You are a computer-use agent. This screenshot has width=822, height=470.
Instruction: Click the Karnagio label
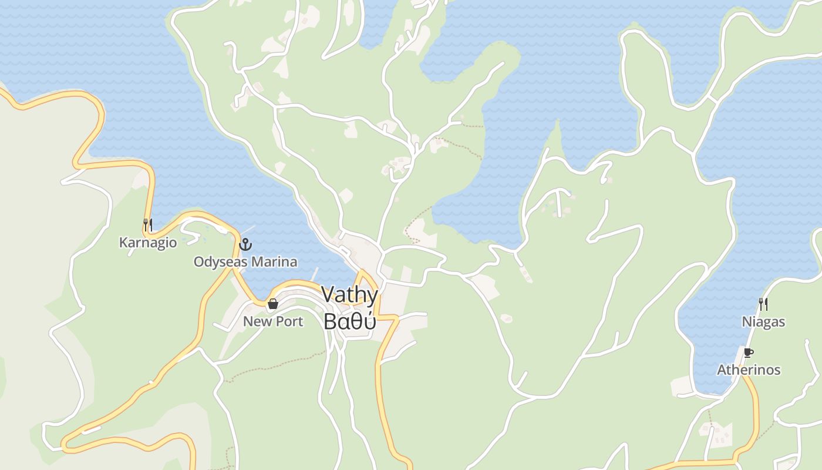148,243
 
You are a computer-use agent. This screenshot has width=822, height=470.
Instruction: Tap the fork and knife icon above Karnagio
148,224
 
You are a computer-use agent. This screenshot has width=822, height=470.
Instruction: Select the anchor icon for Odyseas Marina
245,244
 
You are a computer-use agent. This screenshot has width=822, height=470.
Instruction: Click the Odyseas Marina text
245,262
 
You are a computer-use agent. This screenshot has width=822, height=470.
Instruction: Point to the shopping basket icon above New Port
273,304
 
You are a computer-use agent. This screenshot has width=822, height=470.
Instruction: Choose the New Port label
273,321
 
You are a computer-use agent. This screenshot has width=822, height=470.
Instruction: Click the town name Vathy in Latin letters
349,295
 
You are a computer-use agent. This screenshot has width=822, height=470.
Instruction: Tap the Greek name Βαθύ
349,321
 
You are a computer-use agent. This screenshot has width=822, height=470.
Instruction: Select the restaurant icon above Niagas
763,304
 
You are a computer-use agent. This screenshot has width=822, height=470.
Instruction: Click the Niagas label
763,322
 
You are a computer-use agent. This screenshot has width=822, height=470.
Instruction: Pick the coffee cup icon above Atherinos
748,352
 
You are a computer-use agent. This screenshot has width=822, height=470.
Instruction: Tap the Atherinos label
749,370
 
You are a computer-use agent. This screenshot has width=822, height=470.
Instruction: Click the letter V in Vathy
329,294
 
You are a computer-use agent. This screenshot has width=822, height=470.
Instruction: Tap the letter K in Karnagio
123,243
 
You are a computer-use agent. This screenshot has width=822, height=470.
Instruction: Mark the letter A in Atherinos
722,370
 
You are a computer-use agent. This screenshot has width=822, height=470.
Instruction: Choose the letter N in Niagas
746,322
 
